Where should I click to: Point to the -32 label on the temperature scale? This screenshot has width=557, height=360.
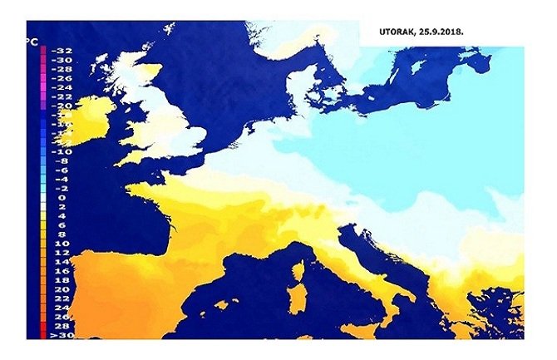(62, 51)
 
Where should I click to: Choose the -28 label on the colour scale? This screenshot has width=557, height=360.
(62, 69)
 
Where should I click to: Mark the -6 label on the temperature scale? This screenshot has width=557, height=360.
(62, 170)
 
